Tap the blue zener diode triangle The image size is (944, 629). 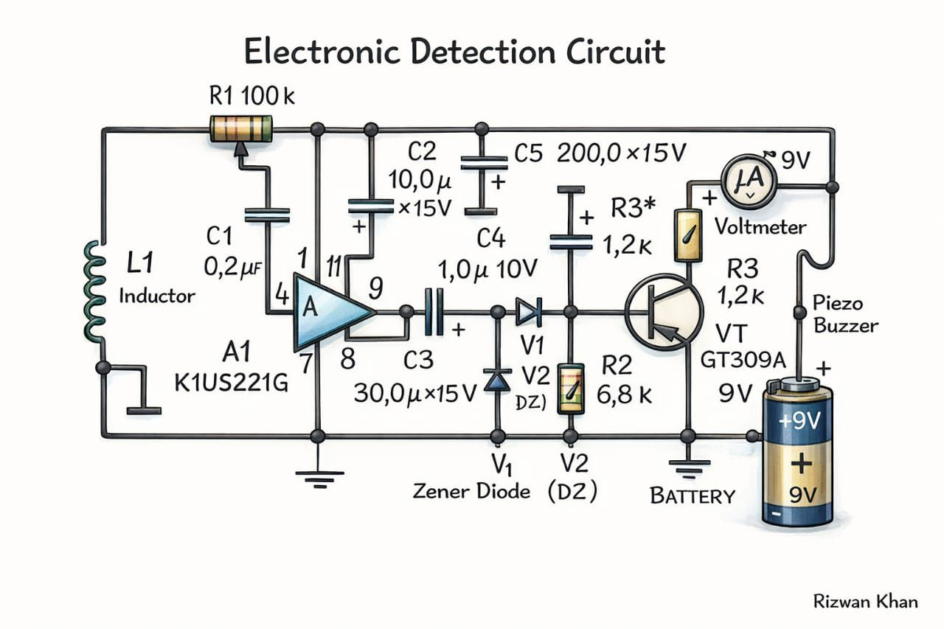[x=498, y=379]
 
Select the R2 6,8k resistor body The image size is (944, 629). [x=569, y=389]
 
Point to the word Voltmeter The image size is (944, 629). [x=760, y=226]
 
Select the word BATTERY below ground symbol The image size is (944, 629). [x=693, y=496]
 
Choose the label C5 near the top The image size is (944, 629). [x=528, y=153]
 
